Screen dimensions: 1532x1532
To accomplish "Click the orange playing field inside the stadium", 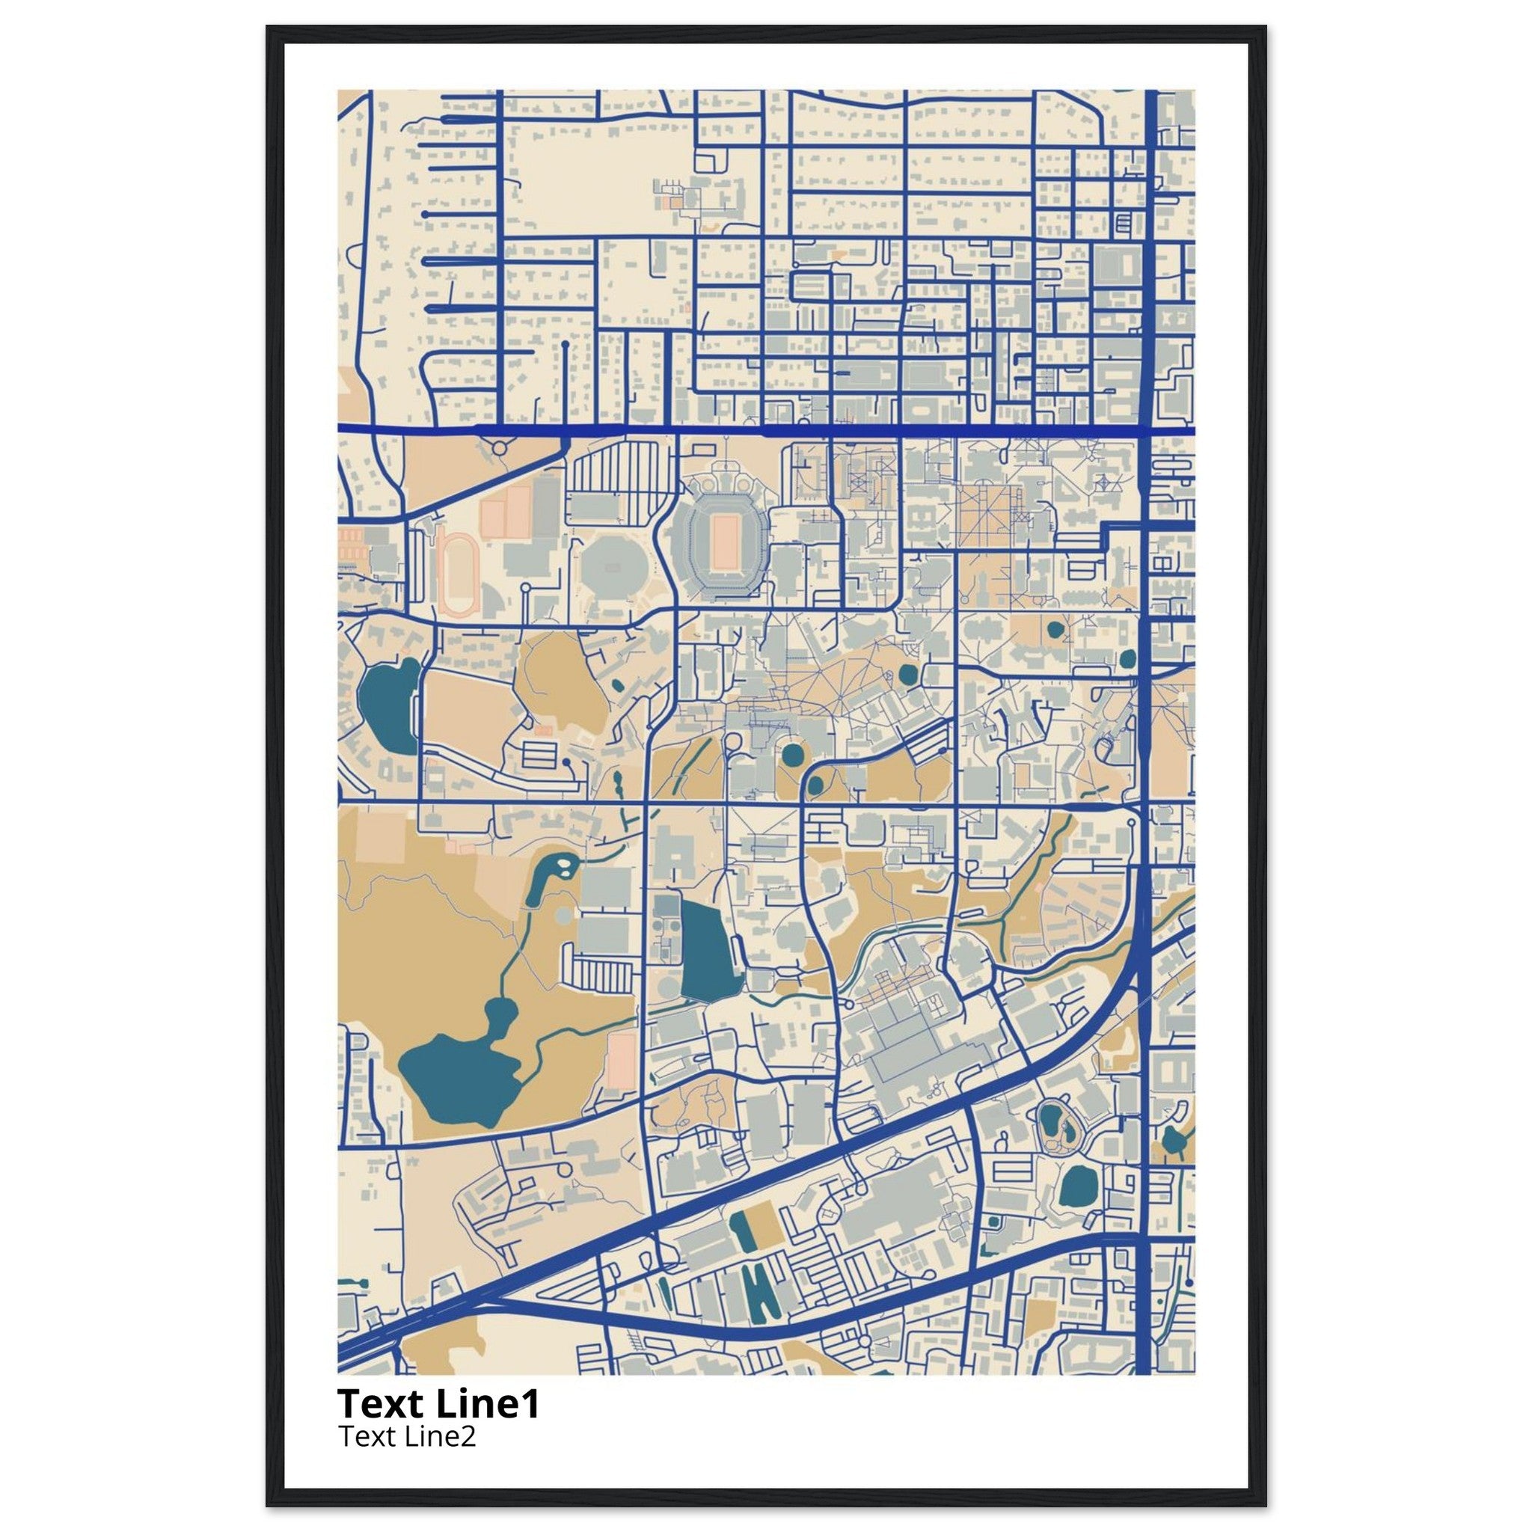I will pos(723,542).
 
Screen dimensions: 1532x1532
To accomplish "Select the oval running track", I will pos(458,573).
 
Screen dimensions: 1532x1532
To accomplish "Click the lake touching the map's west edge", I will pos(387,703).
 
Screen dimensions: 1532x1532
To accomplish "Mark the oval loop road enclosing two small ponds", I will pos(1059,1126).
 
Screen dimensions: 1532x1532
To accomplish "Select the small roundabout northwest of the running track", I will pos(499,449).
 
